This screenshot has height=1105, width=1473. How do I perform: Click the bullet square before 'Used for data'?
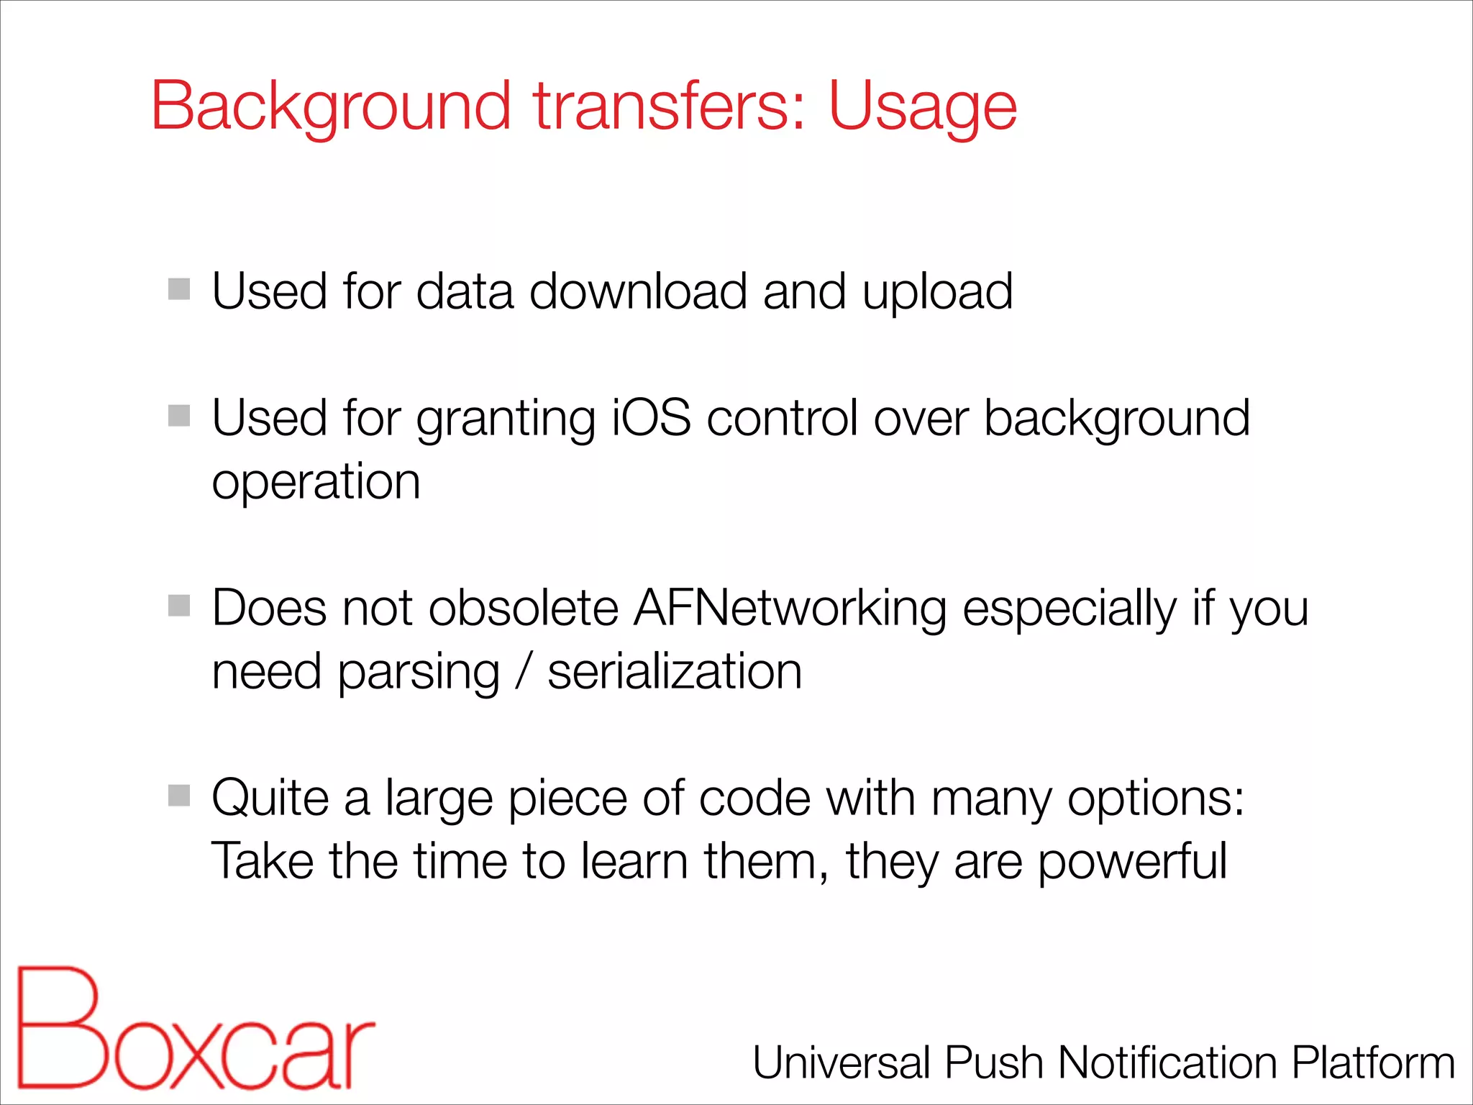(179, 289)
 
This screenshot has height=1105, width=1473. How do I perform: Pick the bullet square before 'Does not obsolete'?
(179, 606)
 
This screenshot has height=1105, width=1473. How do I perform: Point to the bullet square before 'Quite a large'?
(179, 796)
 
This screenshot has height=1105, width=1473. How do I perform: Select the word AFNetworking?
(790, 608)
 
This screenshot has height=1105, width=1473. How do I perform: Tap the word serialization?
(675, 671)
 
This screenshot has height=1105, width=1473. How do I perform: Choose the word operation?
(316, 483)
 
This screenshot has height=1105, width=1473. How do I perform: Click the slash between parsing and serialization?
(524, 671)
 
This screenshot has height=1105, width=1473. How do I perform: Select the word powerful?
(1132, 862)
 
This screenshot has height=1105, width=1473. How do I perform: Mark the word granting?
(506, 419)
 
